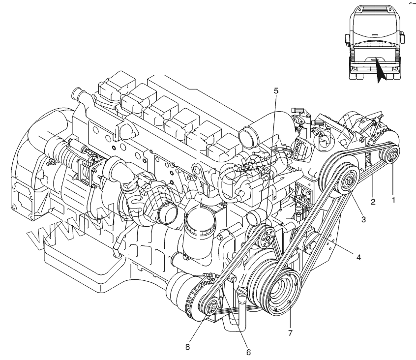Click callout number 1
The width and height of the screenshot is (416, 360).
coord(393,200)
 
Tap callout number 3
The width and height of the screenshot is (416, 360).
coord(363,220)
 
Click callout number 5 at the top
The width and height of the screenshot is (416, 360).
coord(276,90)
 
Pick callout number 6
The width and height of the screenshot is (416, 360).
coord(248,352)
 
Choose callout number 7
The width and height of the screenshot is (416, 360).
coord(290,333)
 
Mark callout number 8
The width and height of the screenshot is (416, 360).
coord(187,347)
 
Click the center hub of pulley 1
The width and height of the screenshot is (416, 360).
coord(393,156)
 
